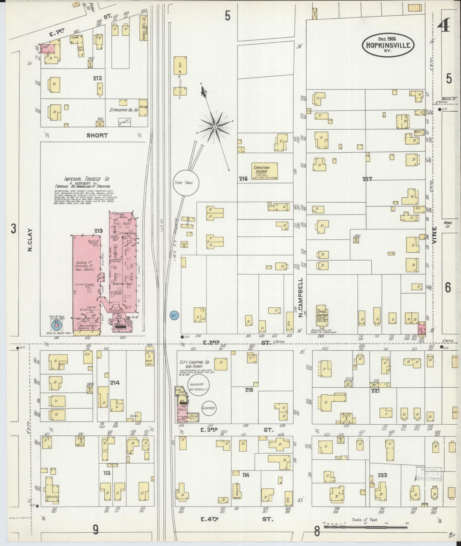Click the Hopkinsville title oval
[x=389, y=46]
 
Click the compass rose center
[x=215, y=127]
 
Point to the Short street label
[x=97, y=135]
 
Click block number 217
[x=367, y=179]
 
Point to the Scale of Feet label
[x=365, y=520]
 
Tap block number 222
[x=382, y=475]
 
